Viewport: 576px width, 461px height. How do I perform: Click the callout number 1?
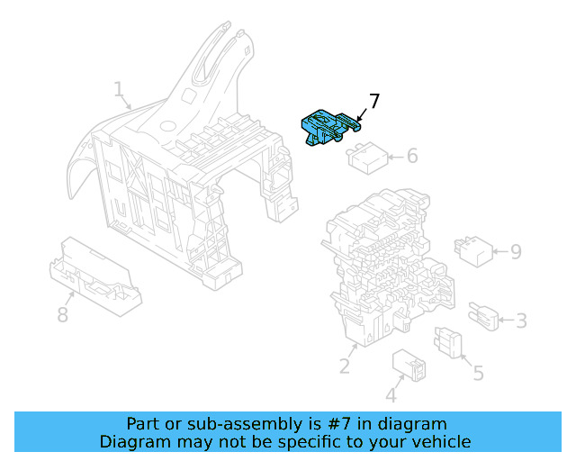[119, 89]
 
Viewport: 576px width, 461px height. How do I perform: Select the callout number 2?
[344, 366]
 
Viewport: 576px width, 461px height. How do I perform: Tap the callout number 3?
[521, 320]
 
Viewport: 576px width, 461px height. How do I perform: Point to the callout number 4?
[391, 395]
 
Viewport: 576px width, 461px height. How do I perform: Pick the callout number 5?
[478, 372]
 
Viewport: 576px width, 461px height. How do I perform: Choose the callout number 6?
[412, 156]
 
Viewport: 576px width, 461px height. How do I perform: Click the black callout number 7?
[374, 101]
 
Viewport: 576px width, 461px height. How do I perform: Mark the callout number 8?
[62, 314]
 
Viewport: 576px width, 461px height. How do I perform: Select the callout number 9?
[516, 251]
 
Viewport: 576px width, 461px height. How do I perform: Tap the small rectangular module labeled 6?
[367, 158]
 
